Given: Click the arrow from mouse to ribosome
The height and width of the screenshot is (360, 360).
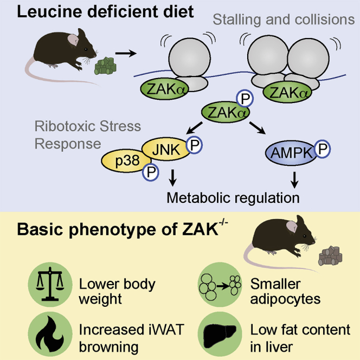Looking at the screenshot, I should point(127,54).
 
